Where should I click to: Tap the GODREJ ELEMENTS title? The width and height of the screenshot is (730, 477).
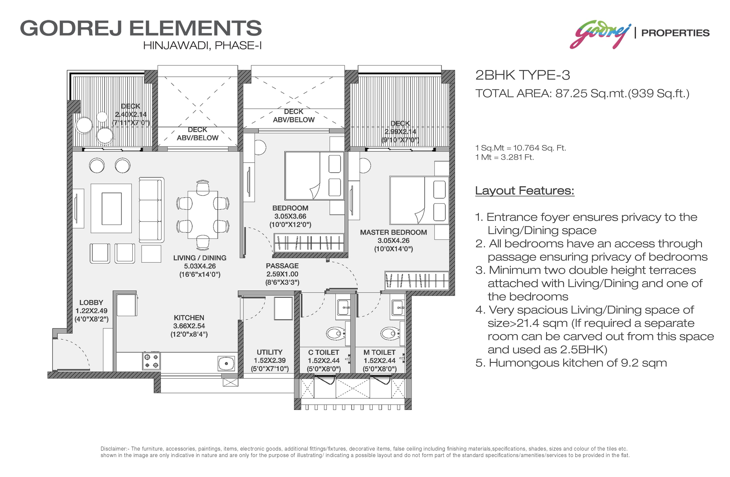coord(141,28)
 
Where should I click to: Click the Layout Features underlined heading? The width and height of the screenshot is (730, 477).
coord(524,191)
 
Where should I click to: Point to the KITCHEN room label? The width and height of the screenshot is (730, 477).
coord(189,318)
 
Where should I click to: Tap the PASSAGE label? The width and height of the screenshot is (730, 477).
coord(282,266)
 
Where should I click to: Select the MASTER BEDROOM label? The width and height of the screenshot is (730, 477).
coord(394,232)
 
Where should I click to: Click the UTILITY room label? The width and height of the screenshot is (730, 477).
coord(270,352)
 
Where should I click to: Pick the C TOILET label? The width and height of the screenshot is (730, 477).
coord(324,352)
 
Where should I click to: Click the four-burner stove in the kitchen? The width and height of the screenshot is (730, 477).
coord(152,361)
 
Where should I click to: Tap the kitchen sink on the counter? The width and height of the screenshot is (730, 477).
coord(226,363)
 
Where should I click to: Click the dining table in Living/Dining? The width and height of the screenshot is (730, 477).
coord(203,215)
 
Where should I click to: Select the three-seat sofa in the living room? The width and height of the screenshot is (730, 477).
coord(151,210)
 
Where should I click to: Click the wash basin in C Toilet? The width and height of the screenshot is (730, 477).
coord(344,308)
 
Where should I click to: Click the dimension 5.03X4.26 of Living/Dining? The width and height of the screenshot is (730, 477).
coord(200,266)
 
